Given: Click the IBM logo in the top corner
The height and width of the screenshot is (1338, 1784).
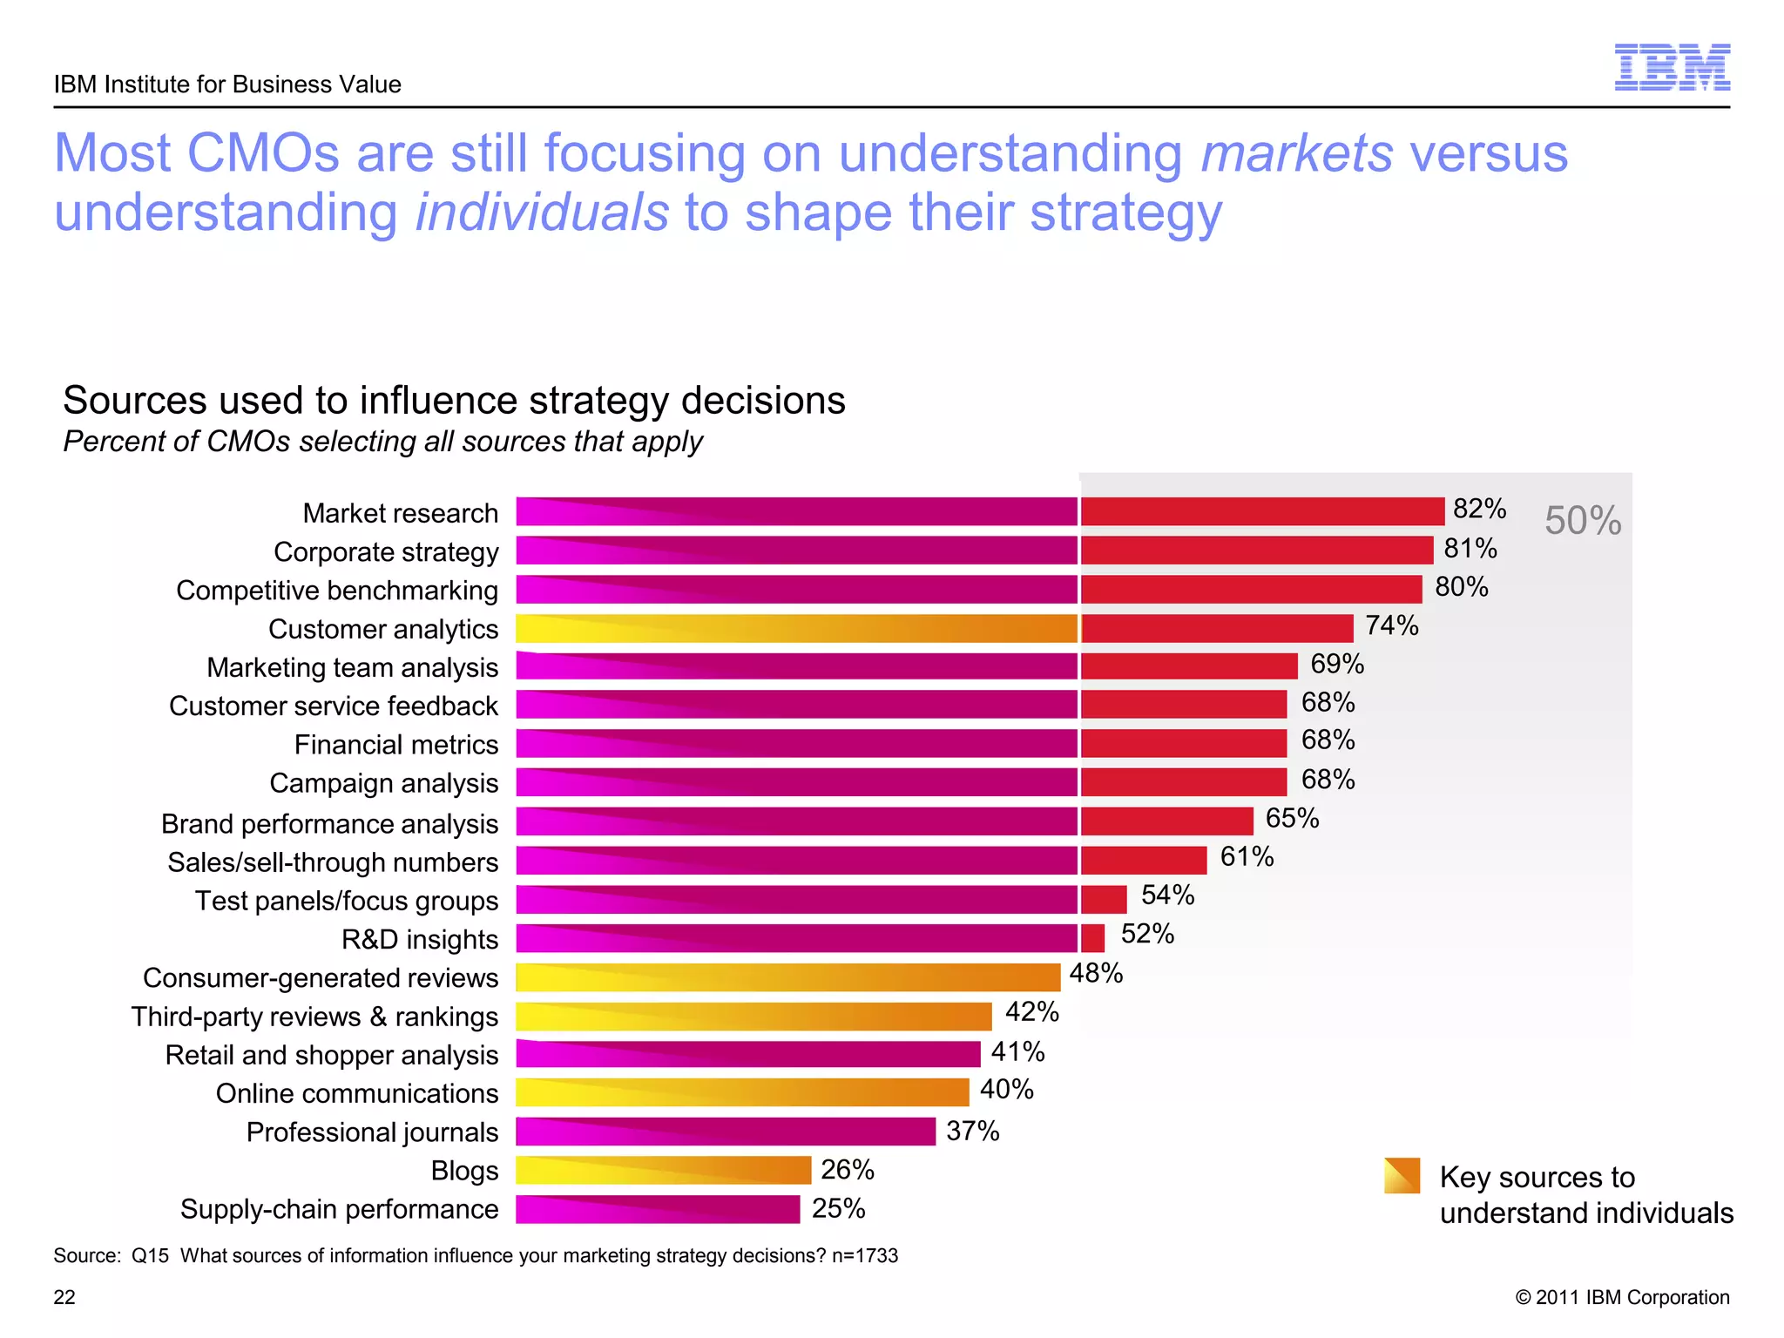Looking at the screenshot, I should (x=1672, y=68).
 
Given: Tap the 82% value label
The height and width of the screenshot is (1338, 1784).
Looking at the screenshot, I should (x=1479, y=509).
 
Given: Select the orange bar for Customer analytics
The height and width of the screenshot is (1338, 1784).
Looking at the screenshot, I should (x=796, y=629).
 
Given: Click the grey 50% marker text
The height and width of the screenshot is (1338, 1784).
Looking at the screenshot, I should (x=1582, y=521).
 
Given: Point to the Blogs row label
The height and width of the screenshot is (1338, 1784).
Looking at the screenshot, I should (x=464, y=1171).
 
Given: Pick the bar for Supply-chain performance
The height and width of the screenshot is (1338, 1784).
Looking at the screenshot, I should (x=658, y=1209).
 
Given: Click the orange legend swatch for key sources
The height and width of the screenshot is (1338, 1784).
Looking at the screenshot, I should (x=1402, y=1176).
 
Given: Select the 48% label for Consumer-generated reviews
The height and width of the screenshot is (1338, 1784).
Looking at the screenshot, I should (x=1096, y=973).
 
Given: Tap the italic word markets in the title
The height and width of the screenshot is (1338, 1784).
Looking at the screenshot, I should (x=1296, y=153).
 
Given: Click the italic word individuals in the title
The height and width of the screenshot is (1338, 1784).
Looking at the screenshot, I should (x=541, y=213).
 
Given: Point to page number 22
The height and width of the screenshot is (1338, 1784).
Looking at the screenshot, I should (x=64, y=1297).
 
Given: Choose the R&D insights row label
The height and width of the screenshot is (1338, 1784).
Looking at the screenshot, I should (x=419, y=939).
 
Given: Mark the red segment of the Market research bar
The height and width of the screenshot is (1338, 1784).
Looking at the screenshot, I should (x=1262, y=511).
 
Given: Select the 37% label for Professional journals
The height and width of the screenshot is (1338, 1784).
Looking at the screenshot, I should (x=972, y=1132).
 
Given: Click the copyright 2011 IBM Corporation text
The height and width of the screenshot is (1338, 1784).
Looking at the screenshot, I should (x=1622, y=1297).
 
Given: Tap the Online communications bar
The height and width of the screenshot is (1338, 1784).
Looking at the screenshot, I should (x=742, y=1092).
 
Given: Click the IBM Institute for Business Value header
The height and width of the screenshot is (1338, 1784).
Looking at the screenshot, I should (x=227, y=84).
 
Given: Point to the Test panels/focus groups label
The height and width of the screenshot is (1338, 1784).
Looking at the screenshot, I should (x=346, y=901).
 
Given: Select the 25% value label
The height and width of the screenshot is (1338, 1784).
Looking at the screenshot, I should (x=838, y=1209).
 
